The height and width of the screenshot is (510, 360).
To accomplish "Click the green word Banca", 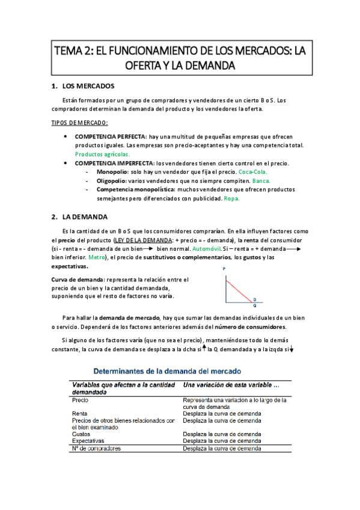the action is [x=261, y=181].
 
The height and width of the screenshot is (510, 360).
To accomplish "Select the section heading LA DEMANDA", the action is [x=87, y=217].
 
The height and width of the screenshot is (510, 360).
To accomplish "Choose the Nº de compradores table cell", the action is [x=96, y=449].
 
